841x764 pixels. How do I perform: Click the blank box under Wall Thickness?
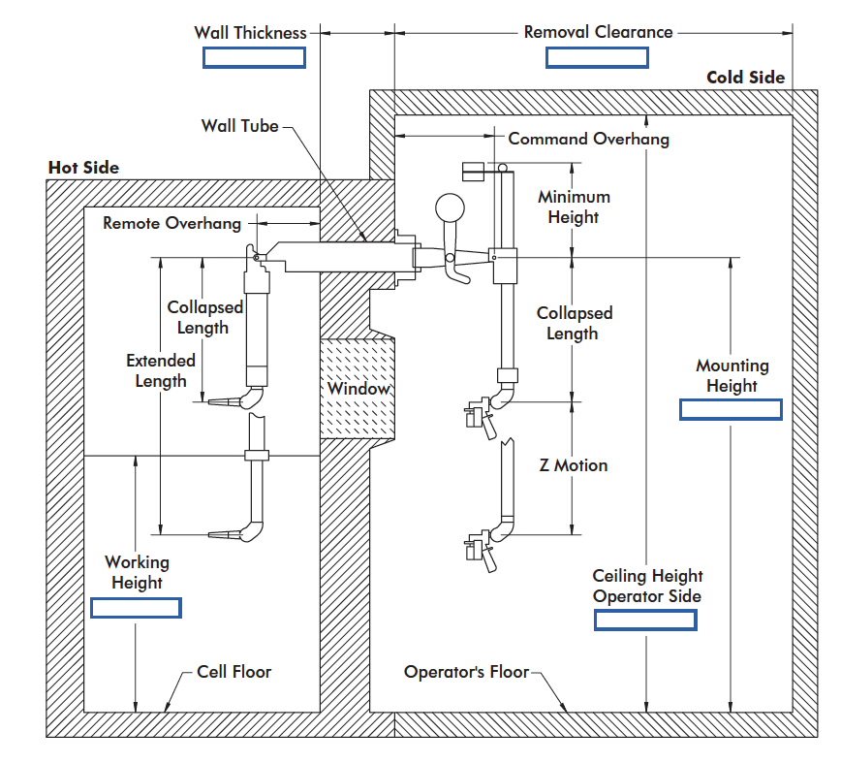tap(254, 57)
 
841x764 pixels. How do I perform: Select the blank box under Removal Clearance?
tap(596, 57)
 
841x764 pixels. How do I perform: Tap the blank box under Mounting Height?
tap(731, 409)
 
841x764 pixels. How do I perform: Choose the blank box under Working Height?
tap(136, 608)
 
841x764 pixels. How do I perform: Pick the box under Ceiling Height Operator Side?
tap(645, 620)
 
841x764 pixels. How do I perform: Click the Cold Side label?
tap(745, 78)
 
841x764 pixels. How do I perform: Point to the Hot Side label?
tap(83, 168)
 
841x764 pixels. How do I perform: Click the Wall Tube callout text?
tap(239, 126)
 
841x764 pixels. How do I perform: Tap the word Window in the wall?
tap(358, 389)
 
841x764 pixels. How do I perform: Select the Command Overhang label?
tap(588, 139)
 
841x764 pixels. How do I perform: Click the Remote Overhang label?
tap(171, 224)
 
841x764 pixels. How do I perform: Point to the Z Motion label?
tap(574, 465)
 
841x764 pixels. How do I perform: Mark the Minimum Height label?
tap(574, 207)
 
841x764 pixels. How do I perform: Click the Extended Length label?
tap(161, 370)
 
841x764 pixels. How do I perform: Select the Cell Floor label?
tap(234, 672)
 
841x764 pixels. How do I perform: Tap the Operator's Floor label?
tap(466, 672)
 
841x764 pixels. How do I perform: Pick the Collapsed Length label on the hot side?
tap(204, 317)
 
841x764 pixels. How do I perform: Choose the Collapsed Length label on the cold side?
tap(574, 323)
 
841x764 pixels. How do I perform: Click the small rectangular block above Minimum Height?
tap(479, 169)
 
